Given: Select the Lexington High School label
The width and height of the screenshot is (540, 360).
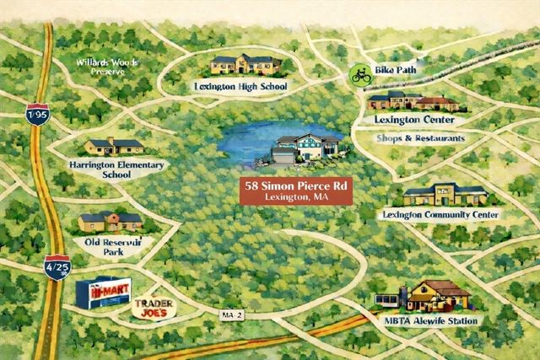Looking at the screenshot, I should tap(240, 86).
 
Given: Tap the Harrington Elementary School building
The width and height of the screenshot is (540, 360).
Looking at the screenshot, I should tap(113, 146).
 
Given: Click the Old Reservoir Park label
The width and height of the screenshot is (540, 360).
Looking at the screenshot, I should tap(111, 247).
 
